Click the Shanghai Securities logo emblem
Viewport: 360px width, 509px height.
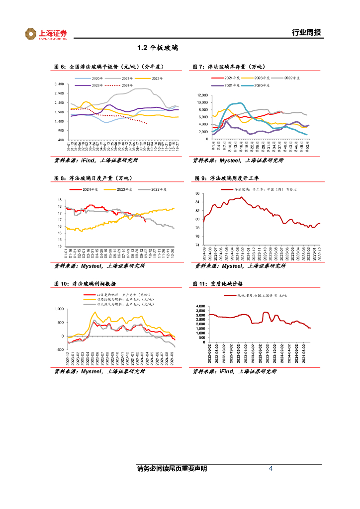coord(31,34)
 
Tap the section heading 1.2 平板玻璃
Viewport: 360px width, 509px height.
coord(158,48)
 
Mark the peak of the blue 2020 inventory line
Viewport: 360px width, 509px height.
coord(240,103)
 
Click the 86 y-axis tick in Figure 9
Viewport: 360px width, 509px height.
coord(197,193)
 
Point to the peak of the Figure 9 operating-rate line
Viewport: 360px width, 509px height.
coord(241,197)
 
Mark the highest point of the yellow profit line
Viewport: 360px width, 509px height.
coord(95,313)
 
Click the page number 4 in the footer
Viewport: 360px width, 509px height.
coord(270,469)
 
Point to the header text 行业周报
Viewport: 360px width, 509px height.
coord(307,33)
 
